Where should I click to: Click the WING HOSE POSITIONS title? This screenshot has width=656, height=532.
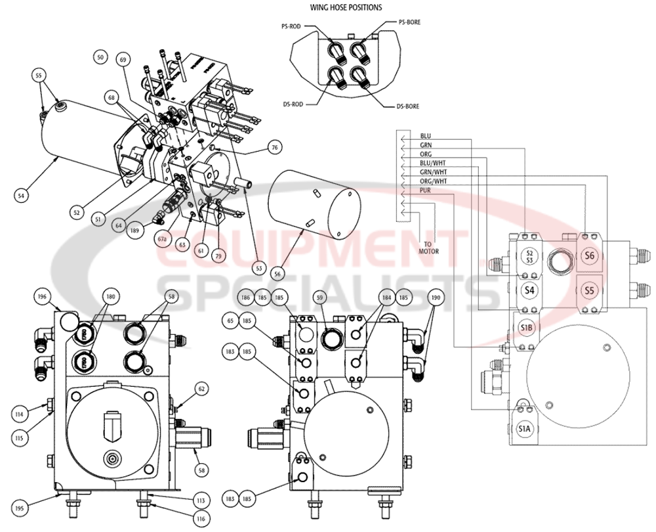point(345,7)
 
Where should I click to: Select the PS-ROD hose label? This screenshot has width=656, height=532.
point(290,26)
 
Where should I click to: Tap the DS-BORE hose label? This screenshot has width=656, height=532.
point(408,106)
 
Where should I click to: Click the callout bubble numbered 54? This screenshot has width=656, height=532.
point(22,195)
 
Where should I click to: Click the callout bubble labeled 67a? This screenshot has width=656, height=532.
point(161,239)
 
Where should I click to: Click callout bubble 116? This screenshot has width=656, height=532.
point(201,518)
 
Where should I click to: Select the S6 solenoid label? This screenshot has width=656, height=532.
point(588,257)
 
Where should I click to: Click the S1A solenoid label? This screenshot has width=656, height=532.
point(524,430)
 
